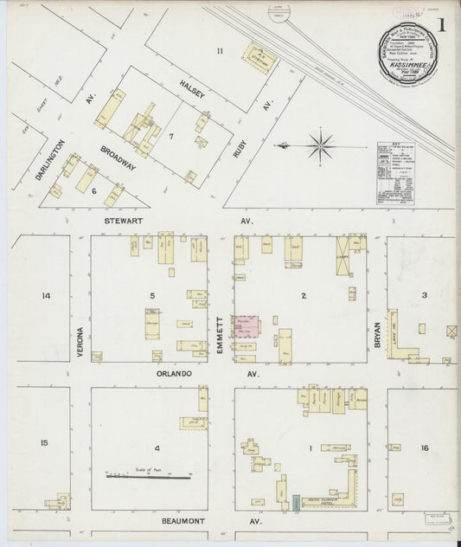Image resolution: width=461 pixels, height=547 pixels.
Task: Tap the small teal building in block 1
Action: (296, 501)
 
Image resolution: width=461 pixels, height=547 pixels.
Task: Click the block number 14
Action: (46, 296)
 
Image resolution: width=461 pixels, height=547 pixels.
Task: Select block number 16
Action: (424, 447)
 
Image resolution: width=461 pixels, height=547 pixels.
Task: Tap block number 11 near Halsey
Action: (220, 51)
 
